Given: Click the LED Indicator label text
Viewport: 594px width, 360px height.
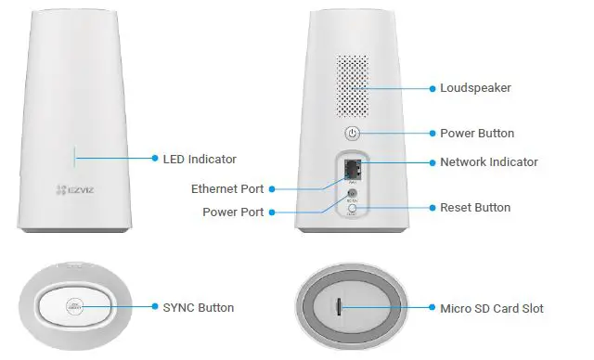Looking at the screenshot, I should tap(200, 160).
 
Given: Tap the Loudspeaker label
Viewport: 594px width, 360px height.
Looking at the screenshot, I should tap(475, 88).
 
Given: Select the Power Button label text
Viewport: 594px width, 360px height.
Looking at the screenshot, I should tap(476, 134).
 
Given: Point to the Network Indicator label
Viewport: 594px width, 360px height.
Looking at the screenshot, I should tap(488, 161).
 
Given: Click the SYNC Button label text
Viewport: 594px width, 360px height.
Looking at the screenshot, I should tap(198, 307).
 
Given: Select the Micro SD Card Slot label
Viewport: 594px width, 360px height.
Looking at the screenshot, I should tap(492, 307).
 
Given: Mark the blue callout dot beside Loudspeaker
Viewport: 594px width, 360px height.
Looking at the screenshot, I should tap(432, 88).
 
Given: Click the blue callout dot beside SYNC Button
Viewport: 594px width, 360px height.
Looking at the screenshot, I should tap(154, 307).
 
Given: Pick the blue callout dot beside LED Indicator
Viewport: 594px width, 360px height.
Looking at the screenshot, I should tap(154, 160).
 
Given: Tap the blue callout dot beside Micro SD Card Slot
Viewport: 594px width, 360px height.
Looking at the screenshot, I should tap(432, 307).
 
